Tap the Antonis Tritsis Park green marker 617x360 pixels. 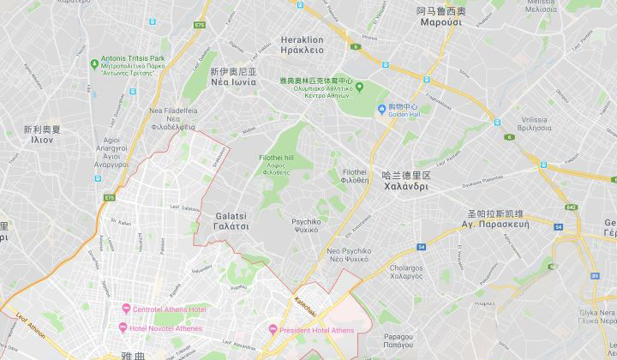tap(94, 63)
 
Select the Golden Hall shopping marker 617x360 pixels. tap(381, 109)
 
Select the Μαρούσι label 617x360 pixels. tap(440, 23)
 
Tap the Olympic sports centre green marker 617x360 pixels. tap(359, 86)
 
